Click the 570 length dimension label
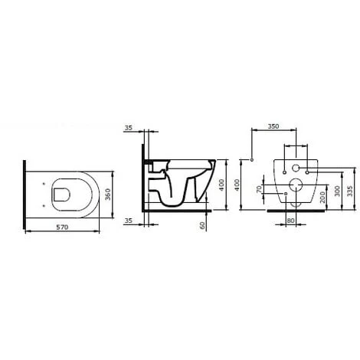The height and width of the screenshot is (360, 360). (62, 227)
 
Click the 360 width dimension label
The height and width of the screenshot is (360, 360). (108, 195)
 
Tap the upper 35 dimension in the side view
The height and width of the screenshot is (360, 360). (129, 128)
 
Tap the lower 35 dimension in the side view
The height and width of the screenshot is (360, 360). (129, 221)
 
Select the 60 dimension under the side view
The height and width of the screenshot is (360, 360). (202, 225)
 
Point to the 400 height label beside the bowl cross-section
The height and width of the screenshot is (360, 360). (221, 185)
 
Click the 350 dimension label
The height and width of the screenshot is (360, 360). (273, 126)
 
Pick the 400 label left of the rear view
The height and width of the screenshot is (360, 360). (237, 185)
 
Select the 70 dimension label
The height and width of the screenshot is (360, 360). (259, 189)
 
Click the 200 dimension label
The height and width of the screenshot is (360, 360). (322, 197)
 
